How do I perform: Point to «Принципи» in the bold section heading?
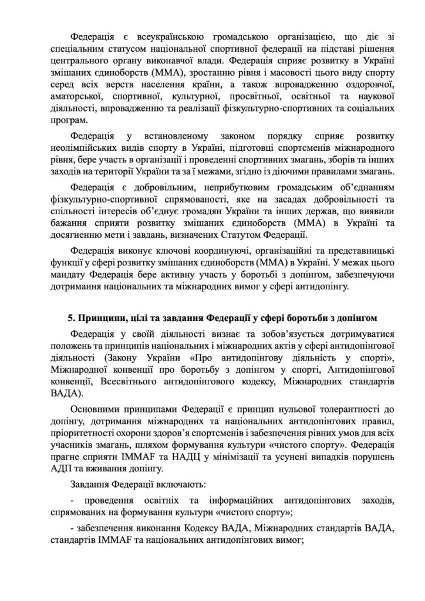(101, 318)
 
